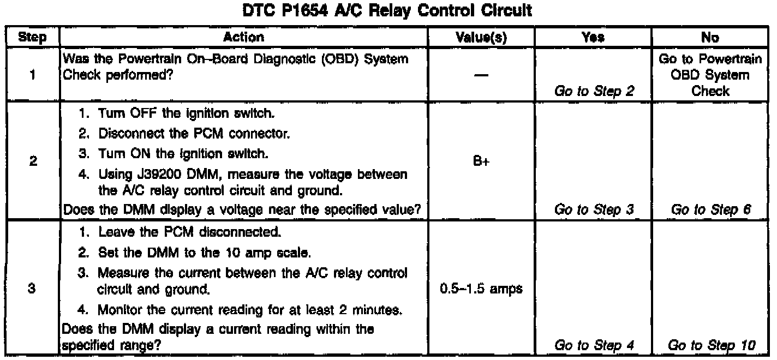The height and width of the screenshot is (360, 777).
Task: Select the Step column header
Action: click(x=32, y=38)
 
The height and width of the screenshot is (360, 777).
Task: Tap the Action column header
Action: click(x=243, y=38)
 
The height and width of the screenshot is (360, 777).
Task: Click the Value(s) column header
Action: click(x=481, y=38)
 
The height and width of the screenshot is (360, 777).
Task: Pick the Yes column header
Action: click(x=594, y=38)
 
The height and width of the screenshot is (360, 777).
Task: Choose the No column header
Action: click(x=710, y=38)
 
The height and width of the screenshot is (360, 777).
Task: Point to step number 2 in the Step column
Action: click(x=32, y=163)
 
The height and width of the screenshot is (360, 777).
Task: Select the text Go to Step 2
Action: click(x=594, y=91)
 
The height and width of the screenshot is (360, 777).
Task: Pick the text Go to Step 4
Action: click(x=594, y=345)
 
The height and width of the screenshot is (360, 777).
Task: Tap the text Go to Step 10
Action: click(x=710, y=345)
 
